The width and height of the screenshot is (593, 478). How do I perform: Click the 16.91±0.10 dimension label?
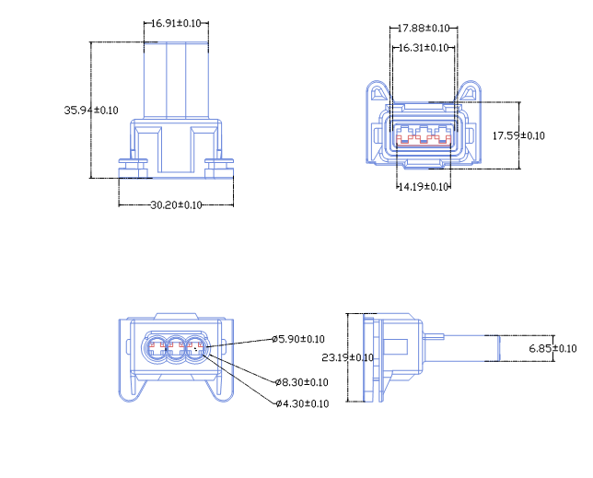(177, 22)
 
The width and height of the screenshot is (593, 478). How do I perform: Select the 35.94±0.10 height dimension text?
(91, 110)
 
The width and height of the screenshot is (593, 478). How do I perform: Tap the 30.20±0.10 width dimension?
(175, 204)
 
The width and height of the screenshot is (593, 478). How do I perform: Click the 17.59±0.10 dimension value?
(518, 135)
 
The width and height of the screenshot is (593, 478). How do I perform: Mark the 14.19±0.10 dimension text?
(423, 187)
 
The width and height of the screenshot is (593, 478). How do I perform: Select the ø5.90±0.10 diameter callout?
(299, 339)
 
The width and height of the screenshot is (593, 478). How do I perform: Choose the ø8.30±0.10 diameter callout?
(302, 381)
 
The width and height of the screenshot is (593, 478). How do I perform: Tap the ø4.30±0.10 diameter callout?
(302, 403)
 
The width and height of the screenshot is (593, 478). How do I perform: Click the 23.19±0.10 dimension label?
(347, 357)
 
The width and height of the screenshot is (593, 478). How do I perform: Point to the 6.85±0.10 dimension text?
(552, 348)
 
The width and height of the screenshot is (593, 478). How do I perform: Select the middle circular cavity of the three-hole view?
(175, 349)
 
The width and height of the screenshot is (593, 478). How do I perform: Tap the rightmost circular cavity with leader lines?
(195, 349)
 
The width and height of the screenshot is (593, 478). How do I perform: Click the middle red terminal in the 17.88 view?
(424, 134)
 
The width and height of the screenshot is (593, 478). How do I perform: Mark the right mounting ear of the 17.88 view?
(470, 93)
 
